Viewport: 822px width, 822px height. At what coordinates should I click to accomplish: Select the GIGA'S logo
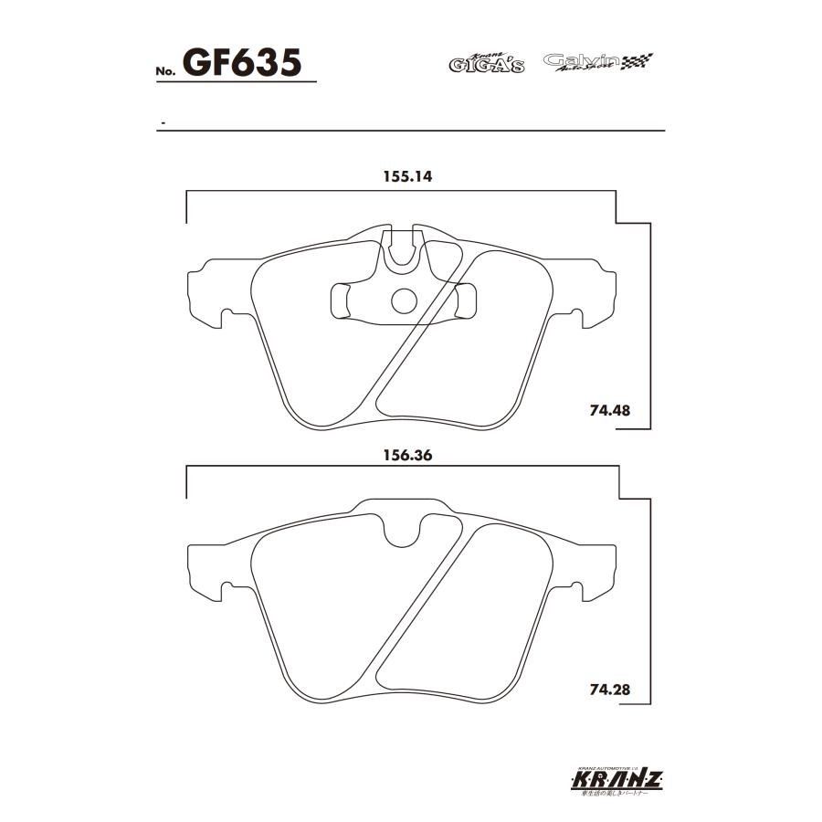click(x=486, y=63)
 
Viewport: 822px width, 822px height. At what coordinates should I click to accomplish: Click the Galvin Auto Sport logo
click(x=597, y=62)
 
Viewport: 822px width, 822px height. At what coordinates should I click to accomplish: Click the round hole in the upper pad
click(x=403, y=300)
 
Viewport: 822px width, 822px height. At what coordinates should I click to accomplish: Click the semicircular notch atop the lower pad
click(x=403, y=532)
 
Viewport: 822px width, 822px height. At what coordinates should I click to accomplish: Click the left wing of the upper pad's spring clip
click(x=340, y=300)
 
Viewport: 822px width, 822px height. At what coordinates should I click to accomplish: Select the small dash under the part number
click(x=162, y=122)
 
